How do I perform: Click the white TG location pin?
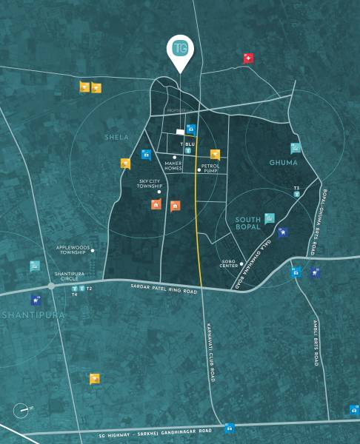coord(179,50)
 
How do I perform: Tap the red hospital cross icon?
coord(249,58)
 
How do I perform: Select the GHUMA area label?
coord(283,162)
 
